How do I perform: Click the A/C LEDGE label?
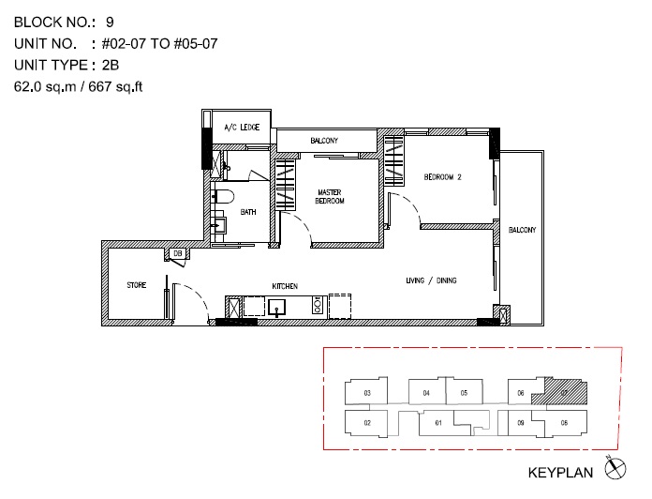(x=242, y=127)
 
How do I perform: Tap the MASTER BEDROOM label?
(x=330, y=196)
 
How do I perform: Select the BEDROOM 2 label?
(x=442, y=177)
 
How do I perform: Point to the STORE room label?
(x=137, y=285)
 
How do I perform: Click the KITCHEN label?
(x=285, y=286)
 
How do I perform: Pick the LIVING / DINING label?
(x=431, y=280)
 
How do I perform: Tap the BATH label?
(x=248, y=212)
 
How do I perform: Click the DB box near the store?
(x=178, y=253)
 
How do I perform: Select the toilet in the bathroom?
(x=223, y=197)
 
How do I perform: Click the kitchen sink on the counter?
(x=276, y=307)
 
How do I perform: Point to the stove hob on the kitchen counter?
(x=318, y=305)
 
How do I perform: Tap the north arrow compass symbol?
(x=615, y=468)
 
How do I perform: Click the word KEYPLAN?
(x=560, y=473)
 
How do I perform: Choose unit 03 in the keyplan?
(x=366, y=391)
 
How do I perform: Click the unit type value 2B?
(x=111, y=66)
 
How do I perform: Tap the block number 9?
(x=110, y=23)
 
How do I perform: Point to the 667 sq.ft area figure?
(x=115, y=86)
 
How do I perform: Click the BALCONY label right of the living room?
(x=523, y=230)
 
